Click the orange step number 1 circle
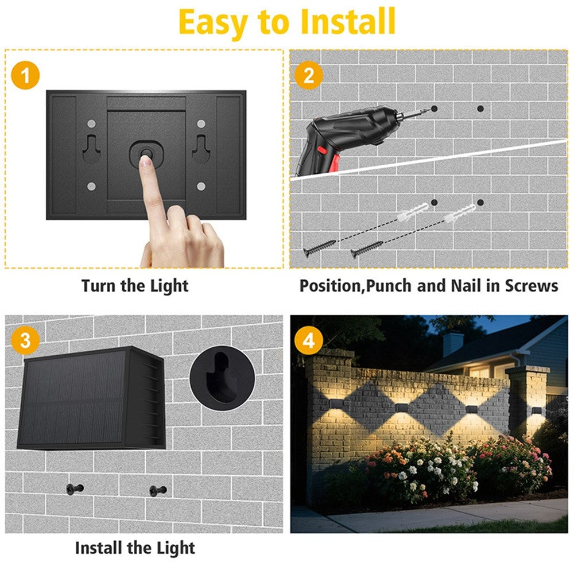tap(25, 76)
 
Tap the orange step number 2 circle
tap(309, 76)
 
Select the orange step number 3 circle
tap(25, 340)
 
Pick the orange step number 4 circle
tap(309, 340)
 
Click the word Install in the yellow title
tap(348, 22)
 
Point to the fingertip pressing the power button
tap(145, 160)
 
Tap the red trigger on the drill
tap(334, 163)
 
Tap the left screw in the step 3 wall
tap(75, 488)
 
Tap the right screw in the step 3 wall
tap(158, 490)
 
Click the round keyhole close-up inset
tap(222, 378)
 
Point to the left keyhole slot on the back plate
tap(91, 148)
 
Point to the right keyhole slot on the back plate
tap(200, 148)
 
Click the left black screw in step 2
tap(319, 247)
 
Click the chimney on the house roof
tap(453, 343)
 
